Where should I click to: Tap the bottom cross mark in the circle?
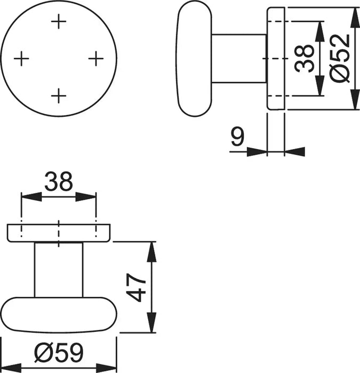coord(59,95)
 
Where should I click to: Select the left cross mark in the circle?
coord(21,58)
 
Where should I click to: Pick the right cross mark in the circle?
coord(95,58)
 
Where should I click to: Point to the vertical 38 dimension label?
coord(303,58)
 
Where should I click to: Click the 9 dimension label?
coord(238,138)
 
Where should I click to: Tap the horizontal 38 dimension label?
coord(58,182)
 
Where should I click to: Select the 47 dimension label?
coord(138,288)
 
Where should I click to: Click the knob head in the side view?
coord(194,58)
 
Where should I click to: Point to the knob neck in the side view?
coord(239,58)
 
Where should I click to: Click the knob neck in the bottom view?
coord(58,269)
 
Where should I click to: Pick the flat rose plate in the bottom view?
coord(58,233)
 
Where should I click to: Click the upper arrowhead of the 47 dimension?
coord(153,251)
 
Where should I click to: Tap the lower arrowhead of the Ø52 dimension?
coord(355,101)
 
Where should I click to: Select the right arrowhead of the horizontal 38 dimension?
coord(87,197)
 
